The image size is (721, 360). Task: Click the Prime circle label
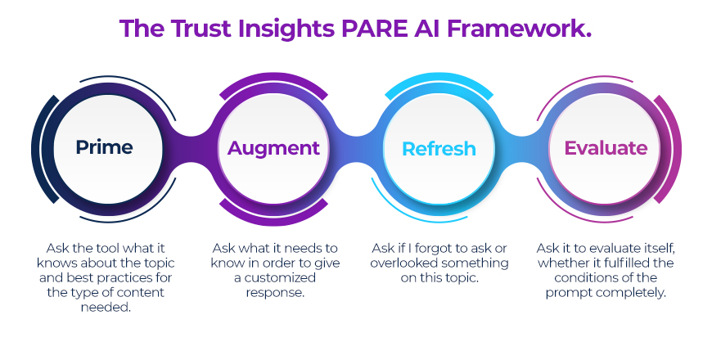pos(104,147)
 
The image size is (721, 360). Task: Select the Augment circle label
pos(273,148)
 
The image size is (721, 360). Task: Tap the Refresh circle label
pos(439,149)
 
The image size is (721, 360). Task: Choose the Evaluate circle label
pos(606,148)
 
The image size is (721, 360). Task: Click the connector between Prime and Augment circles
pos(189,148)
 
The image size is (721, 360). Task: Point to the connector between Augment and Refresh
pos(356,149)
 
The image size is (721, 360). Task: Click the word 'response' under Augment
pos(277,293)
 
